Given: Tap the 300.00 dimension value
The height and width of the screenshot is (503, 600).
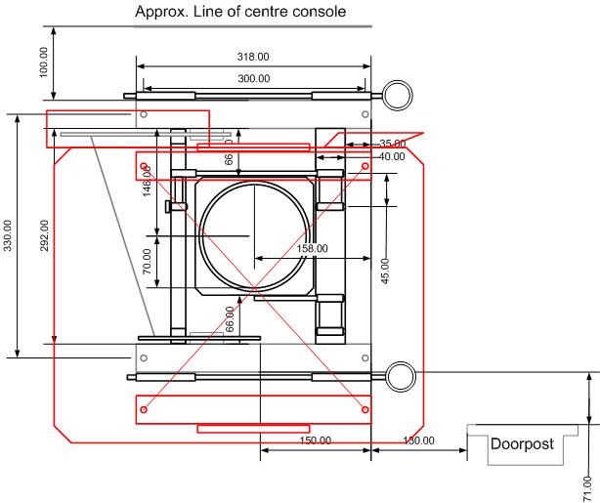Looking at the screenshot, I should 253,78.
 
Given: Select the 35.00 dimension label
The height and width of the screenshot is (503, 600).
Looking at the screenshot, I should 391,144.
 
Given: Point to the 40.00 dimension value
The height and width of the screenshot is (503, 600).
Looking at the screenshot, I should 391,156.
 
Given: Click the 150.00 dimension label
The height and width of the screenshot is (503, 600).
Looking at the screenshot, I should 314,440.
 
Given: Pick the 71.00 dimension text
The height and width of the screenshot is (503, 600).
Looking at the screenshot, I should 586,484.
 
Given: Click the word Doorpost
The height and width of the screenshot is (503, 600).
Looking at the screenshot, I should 521,443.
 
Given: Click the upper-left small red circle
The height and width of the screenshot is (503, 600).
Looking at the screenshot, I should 144,166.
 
